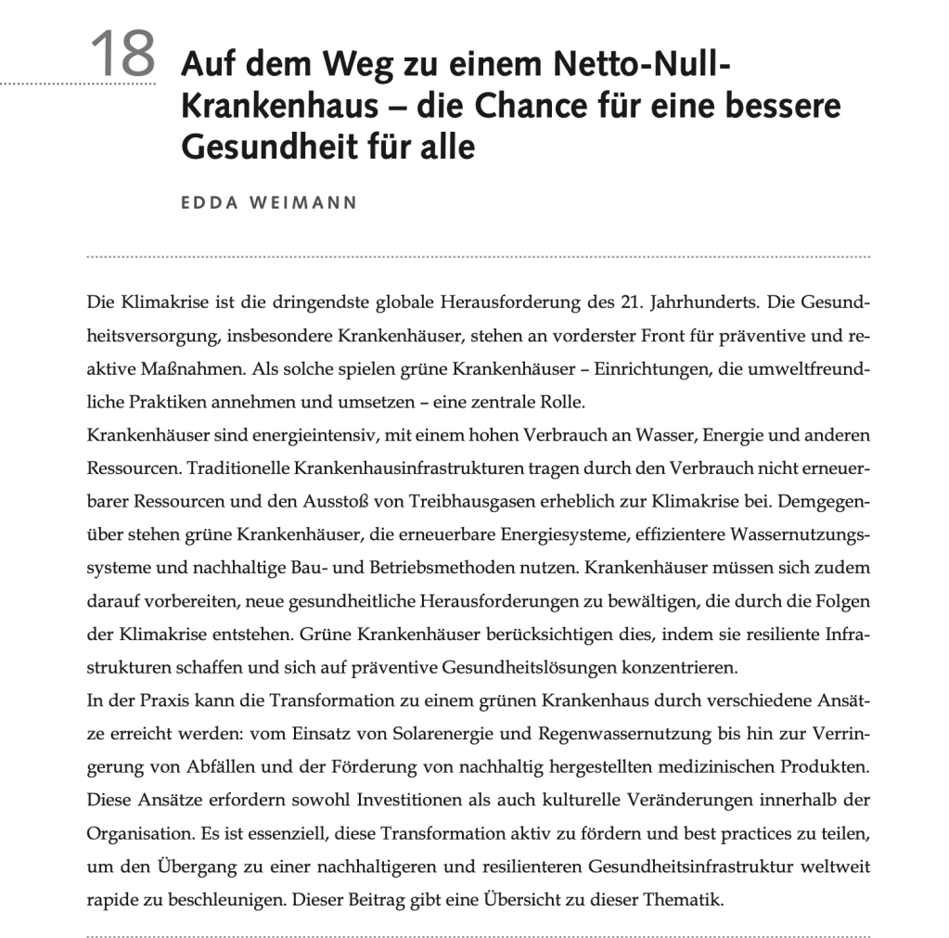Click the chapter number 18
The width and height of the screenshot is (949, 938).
pyautogui.click(x=123, y=55)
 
